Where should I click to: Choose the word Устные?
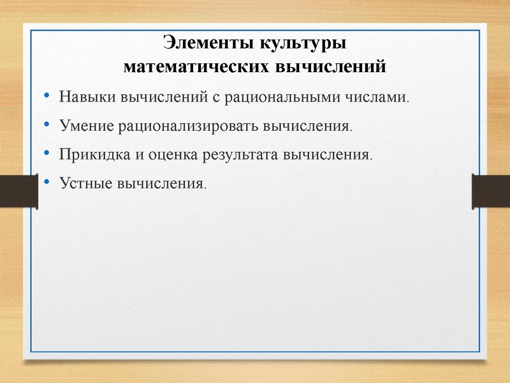85,183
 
